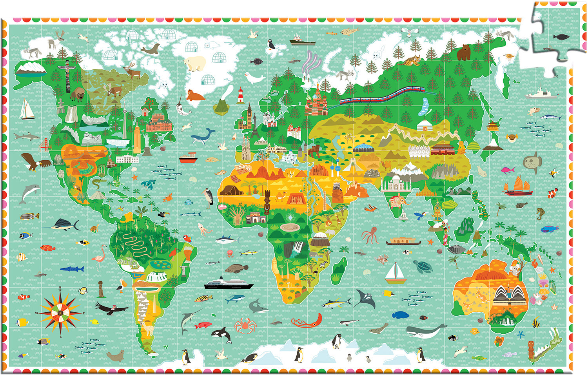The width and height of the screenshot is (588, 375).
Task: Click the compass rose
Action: (60, 312)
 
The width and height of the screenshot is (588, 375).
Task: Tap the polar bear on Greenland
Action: (195, 63)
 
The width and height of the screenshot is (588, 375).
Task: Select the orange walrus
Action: (195, 95)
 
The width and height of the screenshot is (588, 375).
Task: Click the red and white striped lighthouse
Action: (241, 96)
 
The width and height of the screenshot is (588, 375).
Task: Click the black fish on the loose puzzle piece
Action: (561, 37)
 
